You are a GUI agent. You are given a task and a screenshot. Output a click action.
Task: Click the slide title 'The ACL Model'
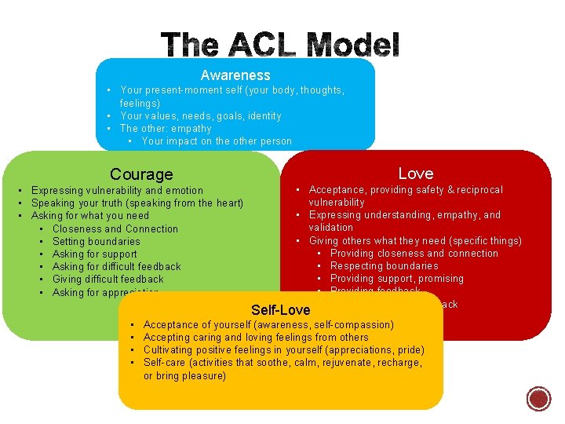point(281,44)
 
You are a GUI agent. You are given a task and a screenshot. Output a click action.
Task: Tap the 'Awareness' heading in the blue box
point(235,75)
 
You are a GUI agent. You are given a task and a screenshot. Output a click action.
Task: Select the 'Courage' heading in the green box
point(141,174)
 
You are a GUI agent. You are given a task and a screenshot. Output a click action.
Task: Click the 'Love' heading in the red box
point(415,173)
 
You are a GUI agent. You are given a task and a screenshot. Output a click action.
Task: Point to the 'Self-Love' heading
point(280,309)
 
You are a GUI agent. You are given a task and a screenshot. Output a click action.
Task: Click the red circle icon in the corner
point(539,399)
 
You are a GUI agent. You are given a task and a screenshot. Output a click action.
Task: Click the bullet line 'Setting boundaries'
point(96,241)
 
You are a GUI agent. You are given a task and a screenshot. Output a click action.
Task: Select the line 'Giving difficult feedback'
point(108,279)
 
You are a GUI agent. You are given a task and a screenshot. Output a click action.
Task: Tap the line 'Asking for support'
point(94,254)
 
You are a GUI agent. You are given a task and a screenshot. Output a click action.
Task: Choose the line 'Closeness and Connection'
point(115,228)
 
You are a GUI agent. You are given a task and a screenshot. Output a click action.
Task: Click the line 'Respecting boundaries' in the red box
point(385,265)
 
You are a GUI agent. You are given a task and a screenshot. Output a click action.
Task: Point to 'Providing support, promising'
point(397,278)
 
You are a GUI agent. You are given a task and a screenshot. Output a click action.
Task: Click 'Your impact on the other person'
point(217,141)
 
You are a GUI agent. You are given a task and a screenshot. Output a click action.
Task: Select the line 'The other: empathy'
point(166,128)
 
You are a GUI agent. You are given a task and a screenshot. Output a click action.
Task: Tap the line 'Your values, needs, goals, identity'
point(200,115)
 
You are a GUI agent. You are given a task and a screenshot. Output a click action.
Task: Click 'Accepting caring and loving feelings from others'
point(256,337)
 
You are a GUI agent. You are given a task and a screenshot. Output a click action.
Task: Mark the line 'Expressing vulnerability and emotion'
point(117,190)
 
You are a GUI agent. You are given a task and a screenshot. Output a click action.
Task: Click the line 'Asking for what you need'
point(89,215)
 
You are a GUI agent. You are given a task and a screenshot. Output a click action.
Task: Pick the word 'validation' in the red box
point(331,227)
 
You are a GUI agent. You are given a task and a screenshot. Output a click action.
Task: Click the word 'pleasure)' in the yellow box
point(204,375)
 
